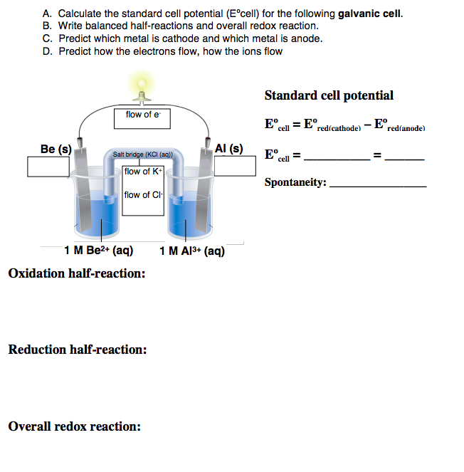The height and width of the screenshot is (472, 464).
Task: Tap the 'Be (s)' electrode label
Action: (55, 149)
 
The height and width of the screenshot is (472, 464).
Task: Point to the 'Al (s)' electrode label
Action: (228, 149)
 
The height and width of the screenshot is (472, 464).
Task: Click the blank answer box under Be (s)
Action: (48, 165)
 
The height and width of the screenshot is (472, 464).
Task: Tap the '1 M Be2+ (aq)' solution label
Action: (98, 251)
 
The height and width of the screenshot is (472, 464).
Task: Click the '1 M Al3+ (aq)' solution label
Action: (192, 251)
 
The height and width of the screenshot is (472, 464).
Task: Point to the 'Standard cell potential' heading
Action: (329, 95)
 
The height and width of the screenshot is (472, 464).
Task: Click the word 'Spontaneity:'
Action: (295, 182)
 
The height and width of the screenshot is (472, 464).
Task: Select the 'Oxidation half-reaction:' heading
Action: (77, 273)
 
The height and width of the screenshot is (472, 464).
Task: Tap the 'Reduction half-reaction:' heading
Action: (78, 350)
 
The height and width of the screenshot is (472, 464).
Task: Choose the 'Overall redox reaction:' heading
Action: (74, 426)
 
